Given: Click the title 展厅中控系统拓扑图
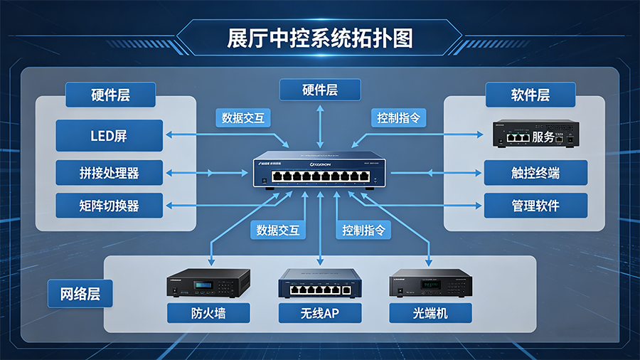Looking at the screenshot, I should (320, 37).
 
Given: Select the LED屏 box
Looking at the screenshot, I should (109, 135).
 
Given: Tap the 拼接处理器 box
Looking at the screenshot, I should (109, 172).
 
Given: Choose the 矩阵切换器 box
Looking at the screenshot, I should (109, 206).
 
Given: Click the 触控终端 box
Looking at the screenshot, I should (535, 172).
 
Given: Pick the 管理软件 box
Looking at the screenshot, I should (535, 206).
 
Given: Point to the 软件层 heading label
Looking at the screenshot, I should (530, 95).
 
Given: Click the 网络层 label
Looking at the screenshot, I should (80, 293).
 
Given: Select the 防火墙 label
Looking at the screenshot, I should (208, 313).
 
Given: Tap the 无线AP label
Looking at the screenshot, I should (320, 313).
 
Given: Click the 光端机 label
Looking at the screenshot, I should (430, 313).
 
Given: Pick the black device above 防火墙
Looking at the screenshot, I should (208, 283).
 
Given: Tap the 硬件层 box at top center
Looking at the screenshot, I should (320, 90).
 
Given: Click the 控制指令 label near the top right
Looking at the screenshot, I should (398, 117).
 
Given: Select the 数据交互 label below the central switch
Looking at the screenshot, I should (278, 230).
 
